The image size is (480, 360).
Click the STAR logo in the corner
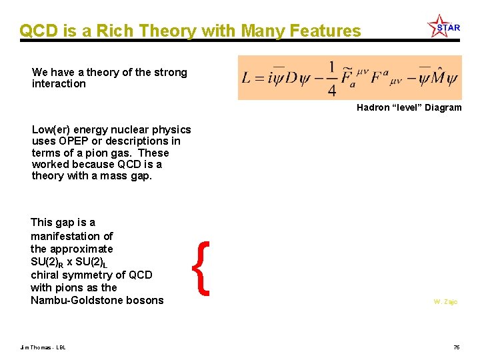coord(444,27)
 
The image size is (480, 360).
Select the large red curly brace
coord(205,268)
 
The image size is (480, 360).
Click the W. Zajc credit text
coord(445,302)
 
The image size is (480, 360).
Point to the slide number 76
coord(457,347)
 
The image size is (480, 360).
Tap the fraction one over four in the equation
coord(331,78)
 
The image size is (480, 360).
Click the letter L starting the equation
coord(246,79)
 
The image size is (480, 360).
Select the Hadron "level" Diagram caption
coord(409,107)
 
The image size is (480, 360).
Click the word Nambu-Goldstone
coord(73,301)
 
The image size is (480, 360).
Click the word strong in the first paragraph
coord(171,73)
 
